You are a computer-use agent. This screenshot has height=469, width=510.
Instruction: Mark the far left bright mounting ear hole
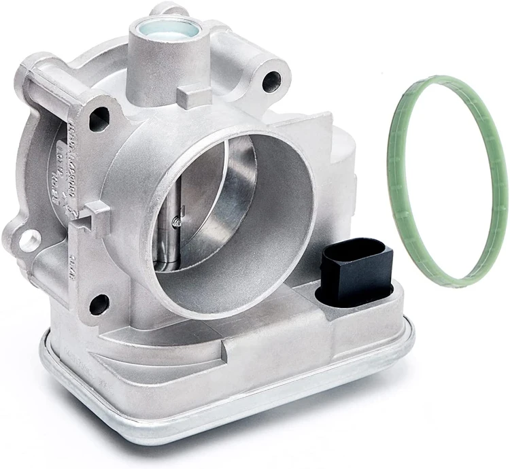click(31, 239)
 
